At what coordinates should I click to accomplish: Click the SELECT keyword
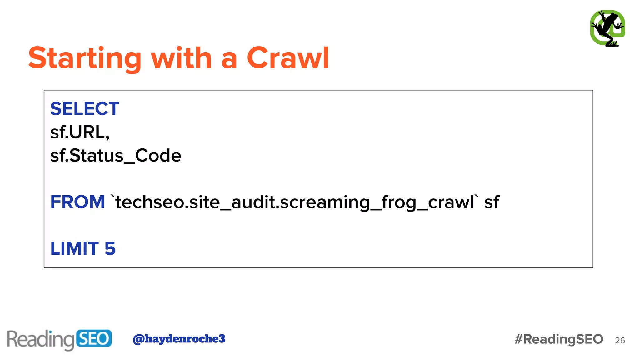pyautogui.click(x=85, y=109)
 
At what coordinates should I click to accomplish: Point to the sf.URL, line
pyautogui.click(x=80, y=132)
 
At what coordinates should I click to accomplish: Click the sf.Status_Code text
pyautogui.click(x=116, y=156)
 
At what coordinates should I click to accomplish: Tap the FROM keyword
pyautogui.click(x=77, y=202)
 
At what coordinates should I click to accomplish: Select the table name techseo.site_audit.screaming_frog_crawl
pyautogui.click(x=295, y=202)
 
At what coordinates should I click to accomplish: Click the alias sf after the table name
pyautogui.click(x=492, y=202)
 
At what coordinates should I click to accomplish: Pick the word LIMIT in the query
pyautogui.click(x=75, y=249)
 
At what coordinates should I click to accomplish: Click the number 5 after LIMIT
pyautogui.click(x=110, y=249)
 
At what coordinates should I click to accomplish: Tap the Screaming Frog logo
pyautogui.click(x=607, y=28)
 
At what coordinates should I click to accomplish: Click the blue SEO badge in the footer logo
pyautogui.click(x=93, y=338)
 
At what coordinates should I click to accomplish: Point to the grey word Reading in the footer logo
pyautogui.click(x=41, y=340)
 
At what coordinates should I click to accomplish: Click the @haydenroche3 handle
pyautogui.click(x=179, y=339)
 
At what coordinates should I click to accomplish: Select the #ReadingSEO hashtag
pyautogui.click(x=559, y=339)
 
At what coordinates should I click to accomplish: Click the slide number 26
pyautogui.click(x=620, y=341)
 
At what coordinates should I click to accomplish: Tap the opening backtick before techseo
pyautogui.click(x=113, y=197)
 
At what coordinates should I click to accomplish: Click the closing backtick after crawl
pyautogui.click(x=477, y=197)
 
